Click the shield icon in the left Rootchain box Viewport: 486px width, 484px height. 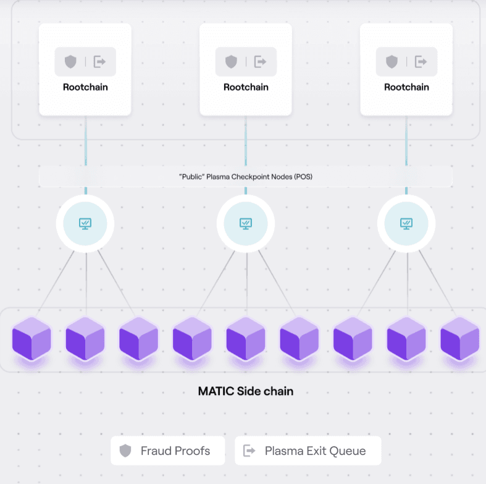coord(70,62)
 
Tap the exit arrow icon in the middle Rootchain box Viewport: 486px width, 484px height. coord(260,62)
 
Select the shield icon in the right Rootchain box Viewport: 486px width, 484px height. coord(392,62)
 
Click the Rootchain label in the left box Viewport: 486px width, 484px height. coord(85,87)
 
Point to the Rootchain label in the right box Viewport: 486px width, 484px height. coord(407,87)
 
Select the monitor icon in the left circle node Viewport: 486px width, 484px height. coord(85,223)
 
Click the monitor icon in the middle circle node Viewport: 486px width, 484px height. coord(246,223)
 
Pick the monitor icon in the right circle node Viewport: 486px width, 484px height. coord(406,223)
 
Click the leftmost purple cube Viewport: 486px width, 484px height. coord(31,338)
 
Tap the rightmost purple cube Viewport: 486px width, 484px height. coord(460,338)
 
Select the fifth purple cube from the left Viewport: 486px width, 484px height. coord(246,338)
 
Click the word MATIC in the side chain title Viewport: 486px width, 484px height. coord(216,391)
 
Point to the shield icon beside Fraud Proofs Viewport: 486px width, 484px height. coord(125,451)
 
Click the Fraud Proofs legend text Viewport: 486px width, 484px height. coord(175,451)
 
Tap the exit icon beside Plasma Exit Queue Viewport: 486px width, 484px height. coord(249,451)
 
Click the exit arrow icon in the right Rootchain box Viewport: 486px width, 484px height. coord(421,62)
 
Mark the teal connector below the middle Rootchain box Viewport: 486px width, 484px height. coord(246,141)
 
